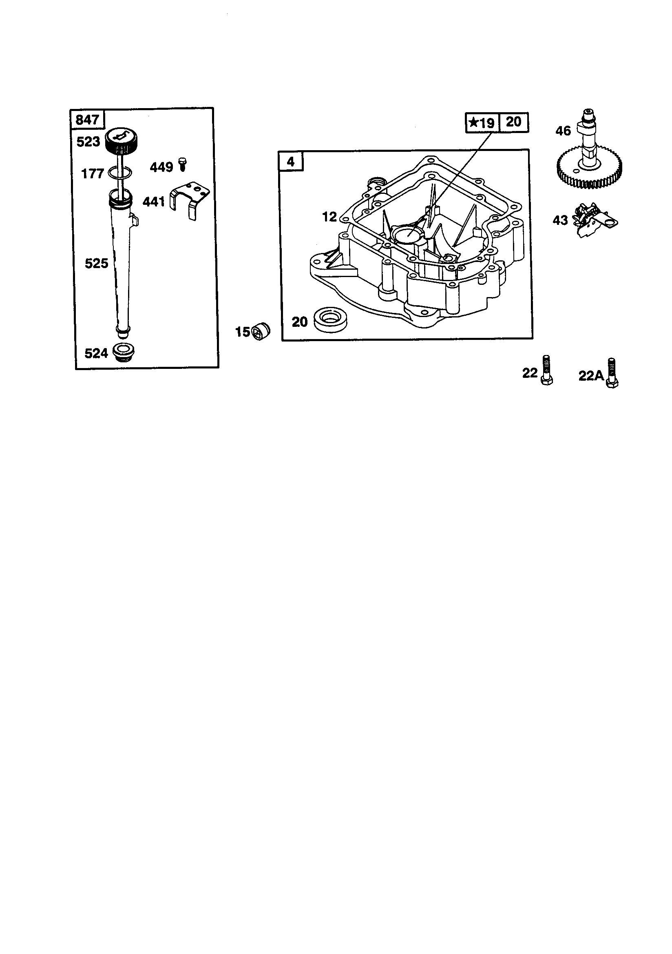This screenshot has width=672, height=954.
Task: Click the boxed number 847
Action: (87, 120)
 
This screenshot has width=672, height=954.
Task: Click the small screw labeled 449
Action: (181, 164)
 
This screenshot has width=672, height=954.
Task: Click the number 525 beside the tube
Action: (96, 263)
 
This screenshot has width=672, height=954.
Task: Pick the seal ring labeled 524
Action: (124, 353)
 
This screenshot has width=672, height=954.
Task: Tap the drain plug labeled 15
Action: (261, 331)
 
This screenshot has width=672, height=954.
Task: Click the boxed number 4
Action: (291, 161)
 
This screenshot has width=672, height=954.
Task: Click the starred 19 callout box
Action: (482, 122)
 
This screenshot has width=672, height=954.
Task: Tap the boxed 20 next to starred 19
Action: (513, 122)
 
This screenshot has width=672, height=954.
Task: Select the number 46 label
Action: (563, 131)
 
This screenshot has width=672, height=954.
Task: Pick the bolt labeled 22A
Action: (612, 373)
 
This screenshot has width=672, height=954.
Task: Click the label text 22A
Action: (591, 376)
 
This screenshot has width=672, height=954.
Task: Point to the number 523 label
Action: (88, 142)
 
